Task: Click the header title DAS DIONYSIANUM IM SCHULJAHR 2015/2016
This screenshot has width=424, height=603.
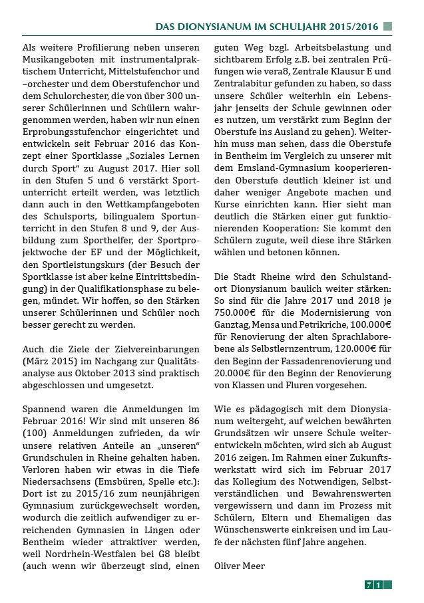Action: (x=267, y=27)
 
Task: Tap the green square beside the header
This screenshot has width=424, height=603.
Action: (x=388, y=27)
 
